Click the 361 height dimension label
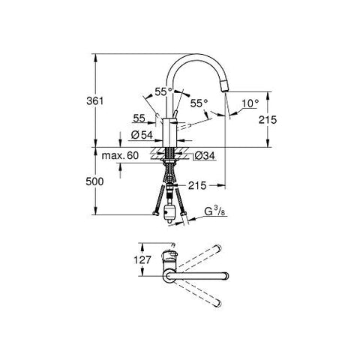[94, 101]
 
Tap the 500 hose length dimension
[94, 181]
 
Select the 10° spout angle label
[250, 103]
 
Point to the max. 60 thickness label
[120, 155]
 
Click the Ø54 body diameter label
[142, 135]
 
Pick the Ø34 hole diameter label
[204, 156]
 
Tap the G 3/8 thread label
[215, 211]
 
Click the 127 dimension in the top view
[142, 260]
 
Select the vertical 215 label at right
[268, 120]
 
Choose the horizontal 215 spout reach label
[197, 185]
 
